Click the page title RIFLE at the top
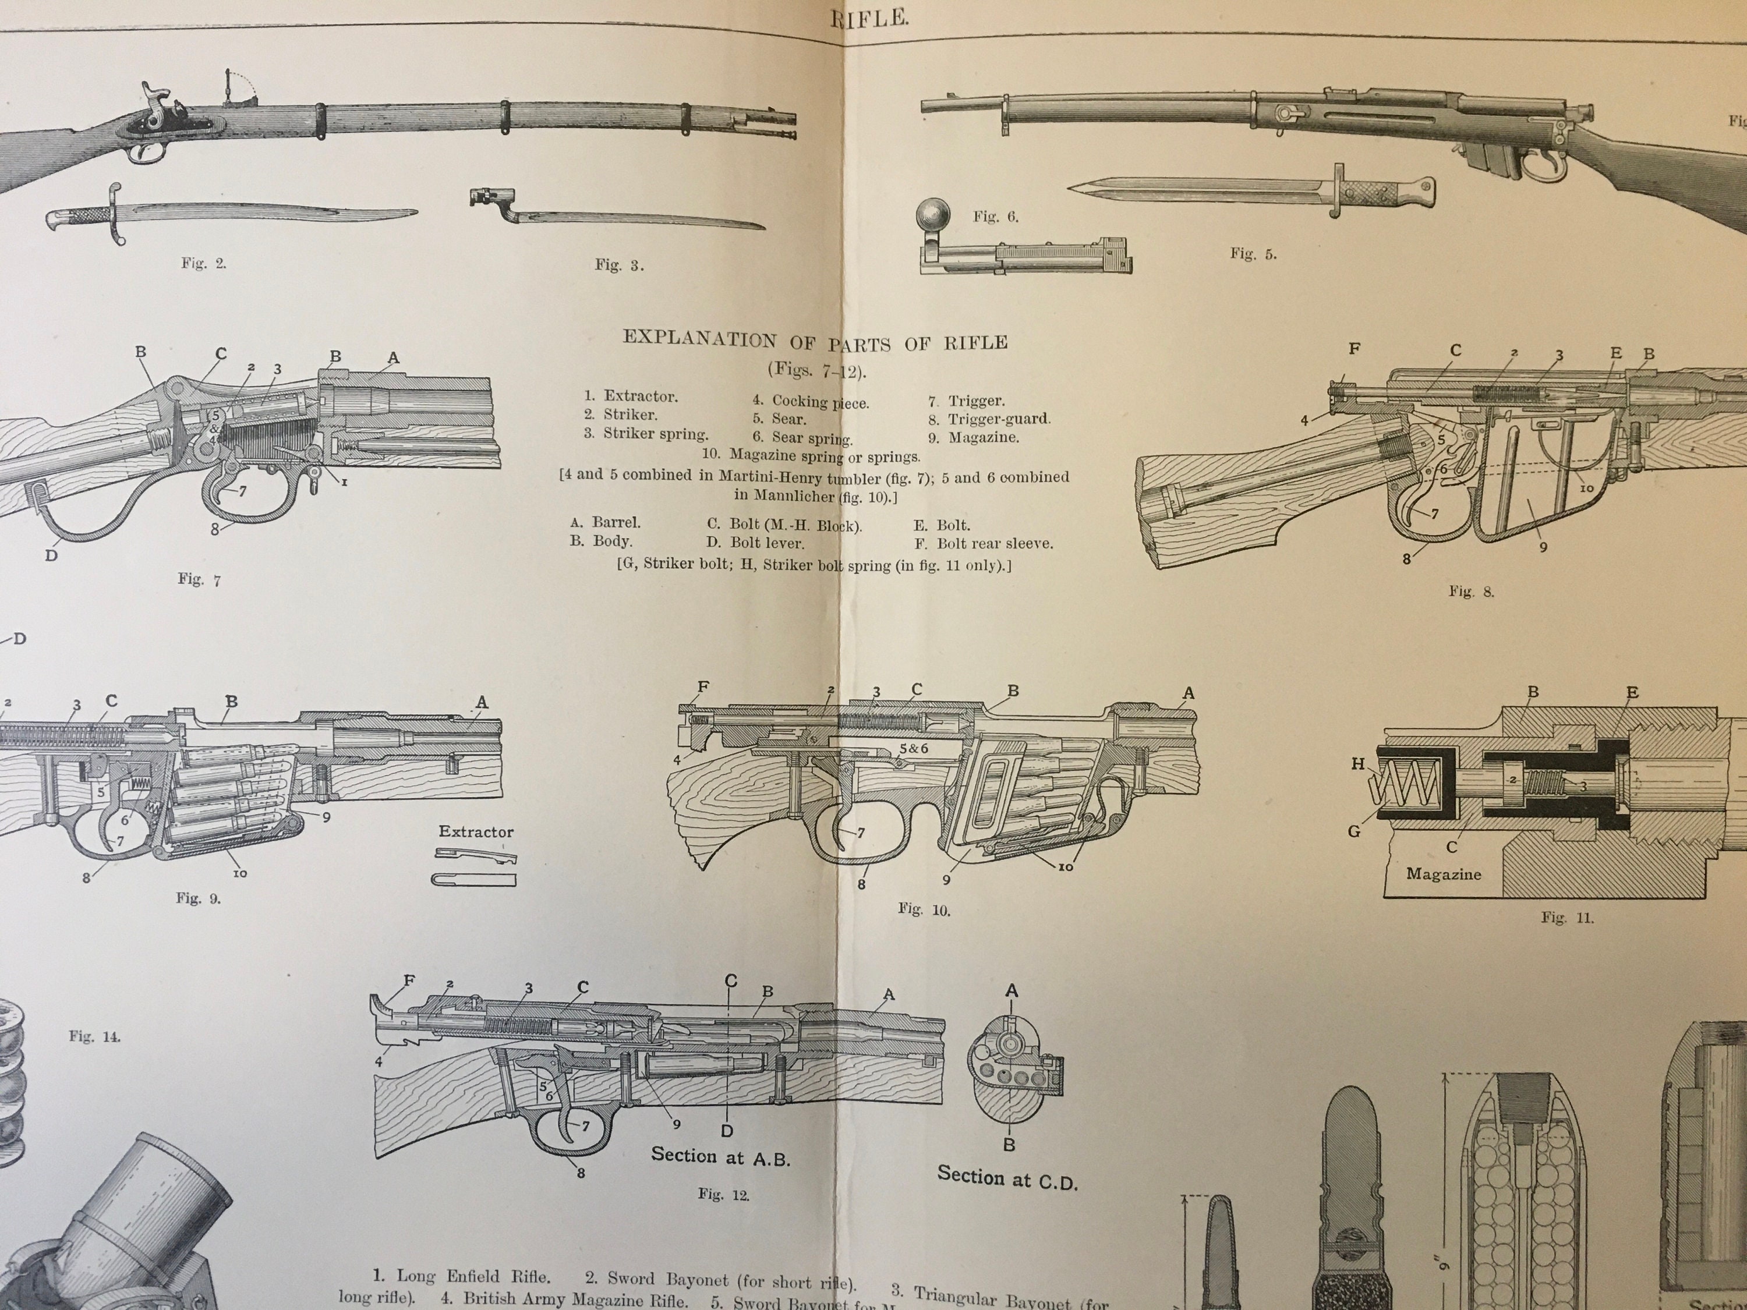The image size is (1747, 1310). (x=869, y=19)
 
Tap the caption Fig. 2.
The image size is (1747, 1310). (x=204, y=264)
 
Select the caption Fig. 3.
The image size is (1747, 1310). (x=619, y=265)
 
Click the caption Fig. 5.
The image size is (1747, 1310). (x=1253, y=253)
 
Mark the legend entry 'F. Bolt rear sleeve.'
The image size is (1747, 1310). (x=984, y=543)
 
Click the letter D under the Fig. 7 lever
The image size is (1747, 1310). (x=51, y=555)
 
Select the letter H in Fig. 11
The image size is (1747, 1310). (x=1357, y=763)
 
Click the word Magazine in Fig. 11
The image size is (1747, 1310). (x=1443, y=874)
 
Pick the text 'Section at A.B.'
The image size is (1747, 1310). (x=720, y=1157)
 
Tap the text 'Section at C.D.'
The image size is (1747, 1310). (x=1007, y=1178)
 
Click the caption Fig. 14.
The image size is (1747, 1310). (x=94, y=1037)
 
